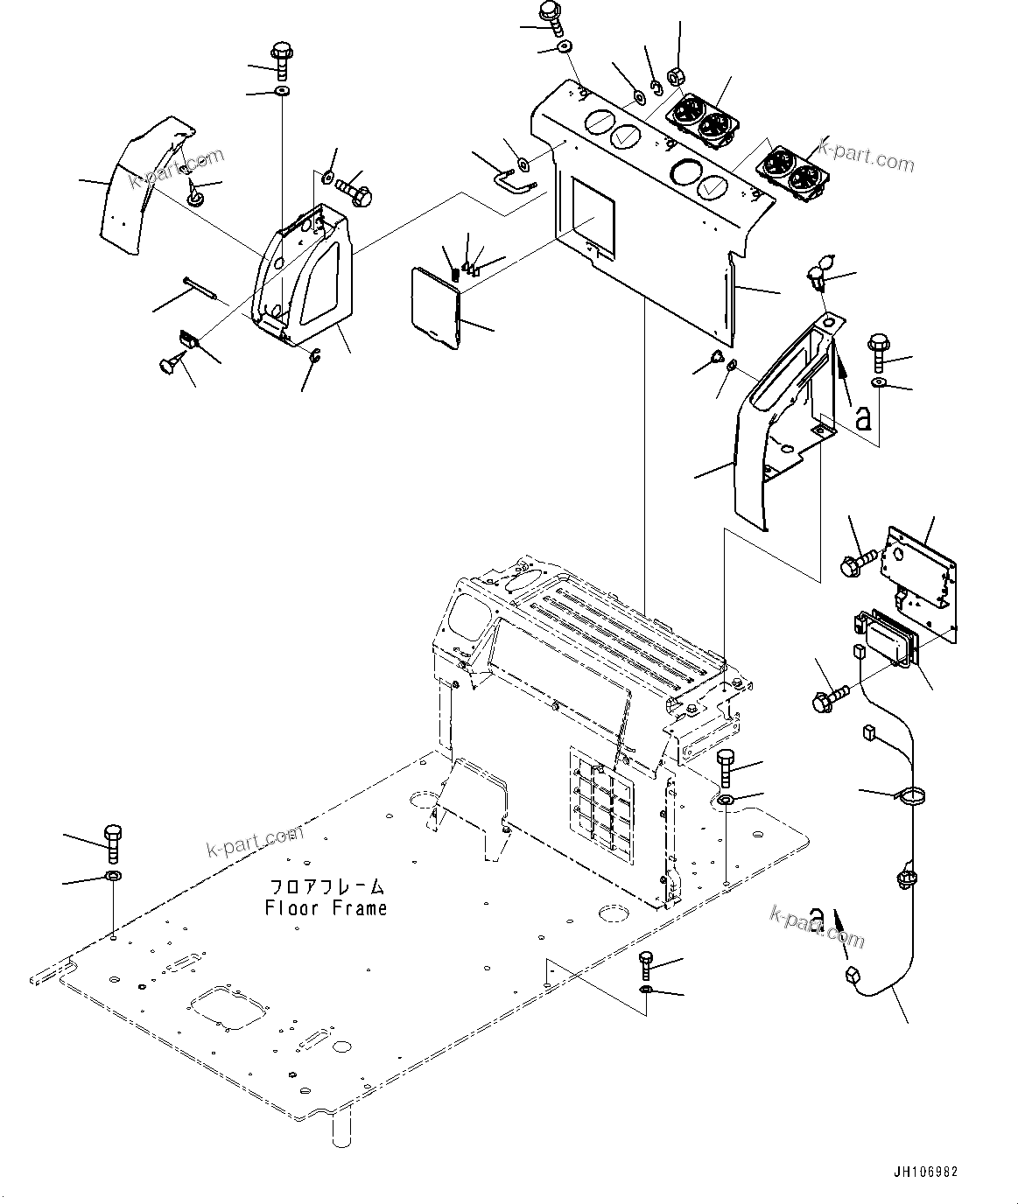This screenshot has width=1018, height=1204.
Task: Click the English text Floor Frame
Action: click(x=326, y=908)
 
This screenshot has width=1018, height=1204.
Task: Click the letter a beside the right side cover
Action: click(x=863, y=417)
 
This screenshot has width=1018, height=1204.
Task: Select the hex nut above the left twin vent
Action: click(x=677, y=76)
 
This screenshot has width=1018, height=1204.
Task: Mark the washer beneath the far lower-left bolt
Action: click(x=114, y=876)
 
